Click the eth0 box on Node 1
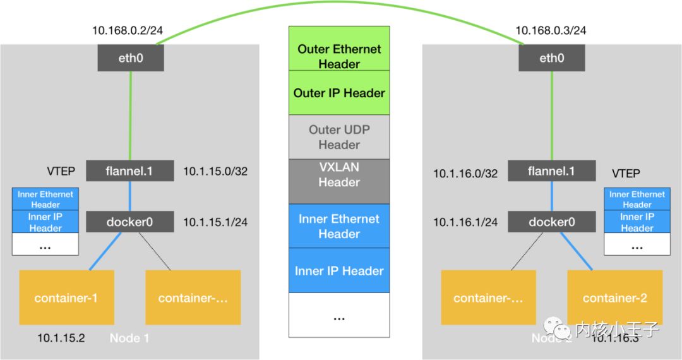click(131, 59)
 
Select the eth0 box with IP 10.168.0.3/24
click(551, 59)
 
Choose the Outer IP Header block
click(339, 93)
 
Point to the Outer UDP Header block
click(339, 137)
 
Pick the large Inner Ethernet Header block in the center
click(339, 226)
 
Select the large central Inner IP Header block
click(339, 271)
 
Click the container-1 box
click(66, 297)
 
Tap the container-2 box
click(614, 297)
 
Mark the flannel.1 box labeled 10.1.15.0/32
click(129, 171)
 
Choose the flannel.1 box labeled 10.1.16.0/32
click(551, 171)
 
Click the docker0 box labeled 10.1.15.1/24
click(129, 222)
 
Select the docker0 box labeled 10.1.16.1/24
click(551, 222)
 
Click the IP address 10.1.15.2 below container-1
click(61, 339)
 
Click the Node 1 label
click(129, 338)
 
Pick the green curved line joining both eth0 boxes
click(341, 4)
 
